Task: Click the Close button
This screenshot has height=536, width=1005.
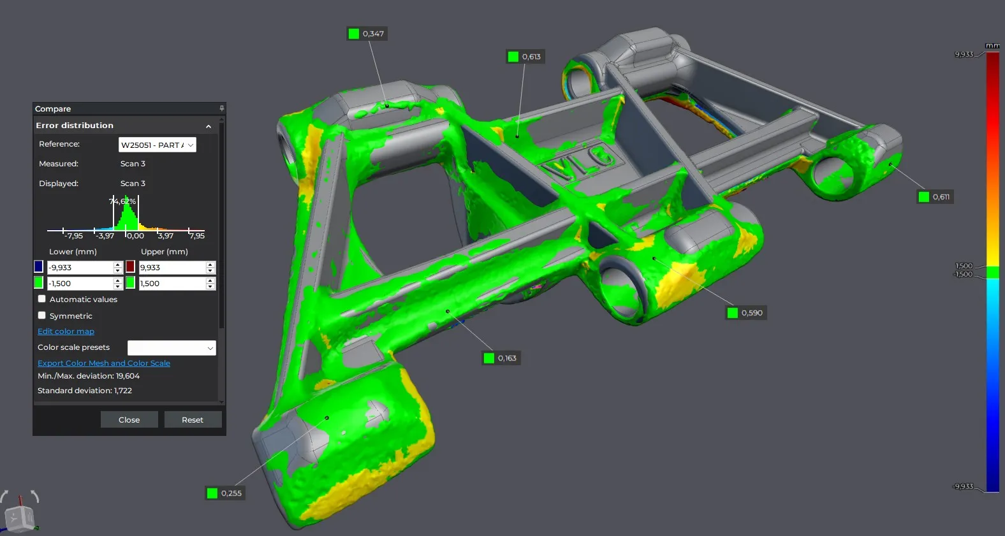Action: point(129,419)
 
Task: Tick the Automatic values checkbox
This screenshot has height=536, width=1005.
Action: point(41,299)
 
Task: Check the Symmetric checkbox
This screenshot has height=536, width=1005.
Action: point(41,315)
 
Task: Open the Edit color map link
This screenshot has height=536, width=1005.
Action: point(66,331)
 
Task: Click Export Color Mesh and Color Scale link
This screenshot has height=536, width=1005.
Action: point(104,363)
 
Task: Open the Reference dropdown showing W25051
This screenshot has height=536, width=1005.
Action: point(157,145)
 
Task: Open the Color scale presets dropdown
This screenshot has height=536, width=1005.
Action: point(172,347)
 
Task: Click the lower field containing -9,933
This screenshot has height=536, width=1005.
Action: point(80,267)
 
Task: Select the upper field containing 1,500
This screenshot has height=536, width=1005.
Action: point(172,283)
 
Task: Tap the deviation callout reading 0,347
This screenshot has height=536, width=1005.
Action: point(367,34)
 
